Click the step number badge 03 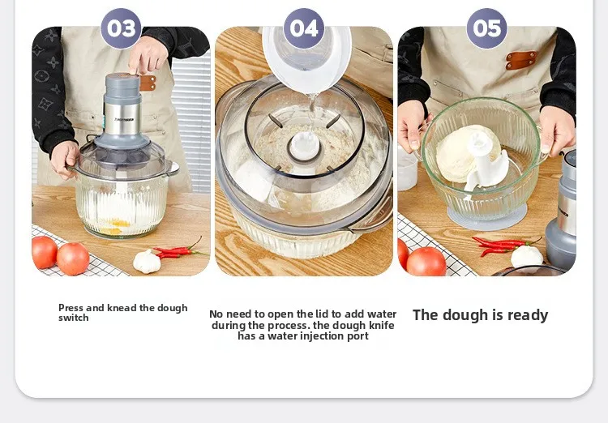coord(121,28)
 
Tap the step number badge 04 coord(304,28)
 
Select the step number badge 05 coord(487,28)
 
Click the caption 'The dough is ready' coord(480,315)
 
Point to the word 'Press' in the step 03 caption coord(71,308)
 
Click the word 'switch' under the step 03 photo coord(74,318)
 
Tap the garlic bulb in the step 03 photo coord(147,261)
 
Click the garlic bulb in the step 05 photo coord(526,256)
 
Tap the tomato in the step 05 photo coord(426,262)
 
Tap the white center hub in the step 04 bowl coord(304,147)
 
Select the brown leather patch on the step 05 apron coord(521,60)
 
